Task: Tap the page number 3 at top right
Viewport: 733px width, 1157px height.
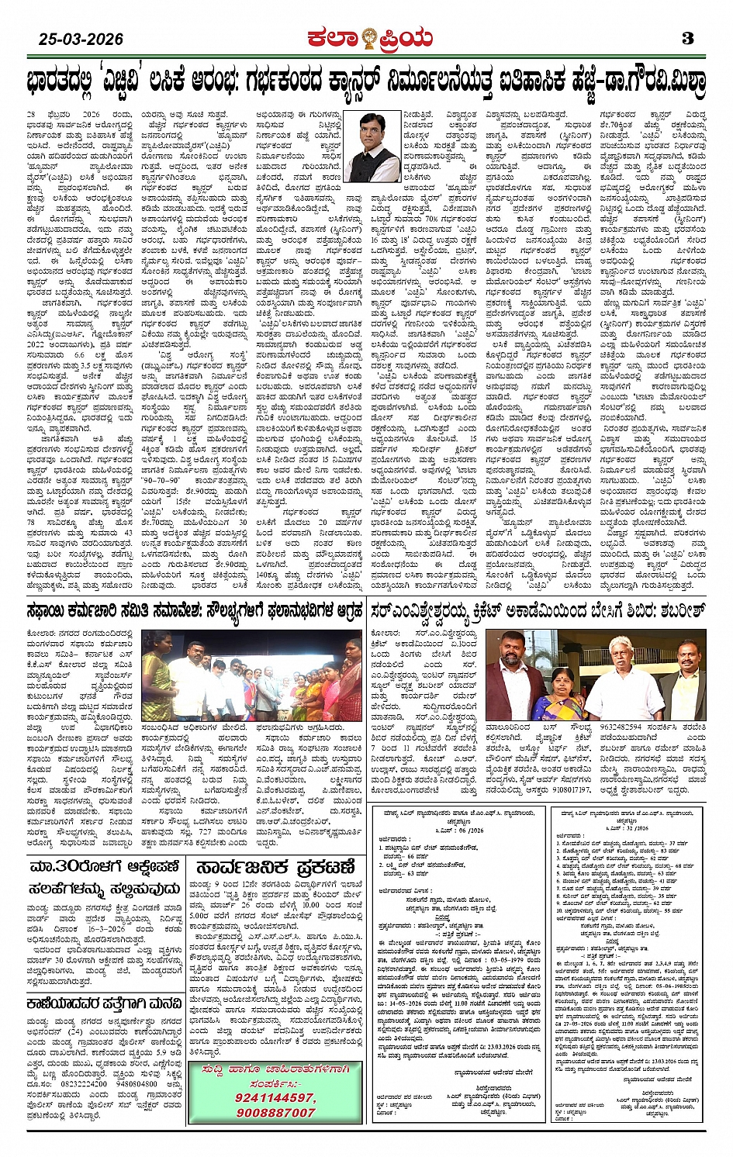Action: pyautogui.click(x=687, y=38)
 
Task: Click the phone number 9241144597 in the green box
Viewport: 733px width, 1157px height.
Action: pyautogui.click(x=253, y=1097)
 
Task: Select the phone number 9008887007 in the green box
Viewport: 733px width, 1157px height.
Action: pyautogui.click(x=253, y=1112)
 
